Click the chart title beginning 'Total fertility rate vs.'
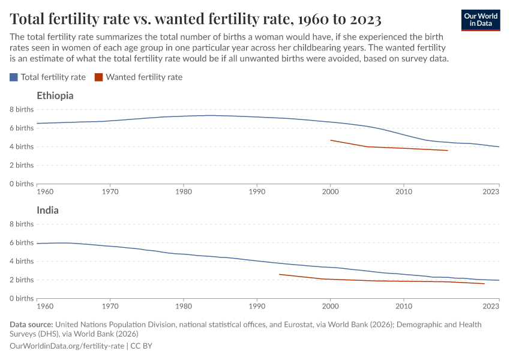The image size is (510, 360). pyautogui.click(x=196, y=19)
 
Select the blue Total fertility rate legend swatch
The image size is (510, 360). pyautogui.click(x=14, y=77)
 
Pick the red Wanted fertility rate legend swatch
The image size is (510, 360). pyautogui.click(x=99, y=77)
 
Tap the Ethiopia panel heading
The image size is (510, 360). pyautogui.click(x=55, y=95)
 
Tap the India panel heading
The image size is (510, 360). pyautogui.click(x=47, y=211)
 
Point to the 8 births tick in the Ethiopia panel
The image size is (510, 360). pyautogui.click(x=22, y=109)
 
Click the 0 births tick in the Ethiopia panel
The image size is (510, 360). pyautogui.click(x=22, y=184)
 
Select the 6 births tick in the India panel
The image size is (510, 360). pyautogui.click(x=22, y=242)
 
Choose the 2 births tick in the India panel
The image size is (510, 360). pyautogui.click(x=22, y=280)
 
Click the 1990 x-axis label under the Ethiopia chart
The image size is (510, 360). pyautogui.click(x=257, y=191)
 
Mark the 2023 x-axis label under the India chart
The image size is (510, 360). pyautogui.click(x=491, y=306)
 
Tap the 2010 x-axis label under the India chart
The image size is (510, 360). pyautogui.click(x=404, y=306)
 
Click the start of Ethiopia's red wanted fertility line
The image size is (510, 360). pyautogui.click(x=331, y=140)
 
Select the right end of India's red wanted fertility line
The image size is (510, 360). pyautogui.click(x=484, y=284)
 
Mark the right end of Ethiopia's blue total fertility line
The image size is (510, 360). pyautogui.click(x=499, y=147)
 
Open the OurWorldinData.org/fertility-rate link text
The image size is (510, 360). pyautogui.click(x=67, y=346)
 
